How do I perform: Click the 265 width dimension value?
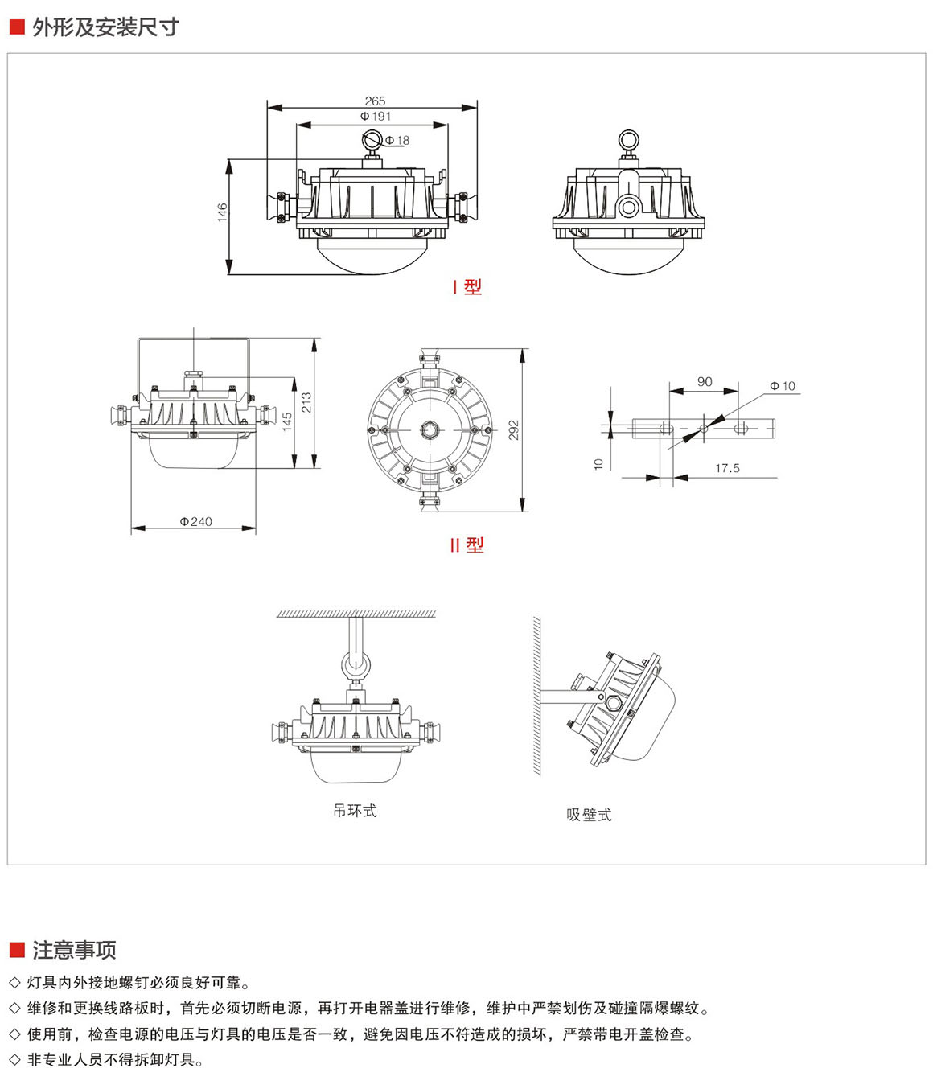tap(375, 101)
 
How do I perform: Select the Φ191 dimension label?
tap(376, 117)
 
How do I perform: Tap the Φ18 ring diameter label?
tap(397, 141)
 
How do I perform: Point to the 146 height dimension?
tap(223, 212)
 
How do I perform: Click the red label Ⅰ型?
tap(466, 287)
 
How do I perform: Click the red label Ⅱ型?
tap(466, 545)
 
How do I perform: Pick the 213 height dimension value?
tap(306, 402)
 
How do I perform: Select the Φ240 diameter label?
tap(195, 522)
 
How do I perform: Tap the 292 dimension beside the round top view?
tap(514, 430)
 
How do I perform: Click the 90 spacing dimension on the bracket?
tap(705, 382)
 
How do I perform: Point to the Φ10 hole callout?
tap(782, 386)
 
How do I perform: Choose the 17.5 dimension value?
tap(727, 468)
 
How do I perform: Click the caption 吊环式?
tap(355, 811)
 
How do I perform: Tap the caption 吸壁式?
tap(589, 815)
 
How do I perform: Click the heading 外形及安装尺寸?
tap(105, 27)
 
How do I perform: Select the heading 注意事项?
tap(74, 951)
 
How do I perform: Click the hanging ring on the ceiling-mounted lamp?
tap(355, 665)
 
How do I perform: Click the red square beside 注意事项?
tap(17, 950)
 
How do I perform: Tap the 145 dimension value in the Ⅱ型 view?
tap(287, 422)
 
